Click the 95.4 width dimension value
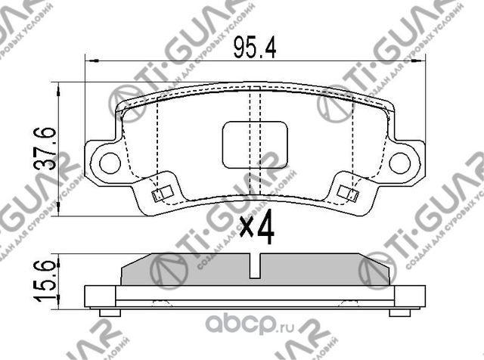click(255, 49)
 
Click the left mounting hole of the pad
click(110, 161)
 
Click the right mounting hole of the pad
click(401, 161)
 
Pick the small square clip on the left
click(160, 194)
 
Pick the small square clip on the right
click(349, 193)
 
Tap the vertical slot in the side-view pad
click(255, 267)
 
